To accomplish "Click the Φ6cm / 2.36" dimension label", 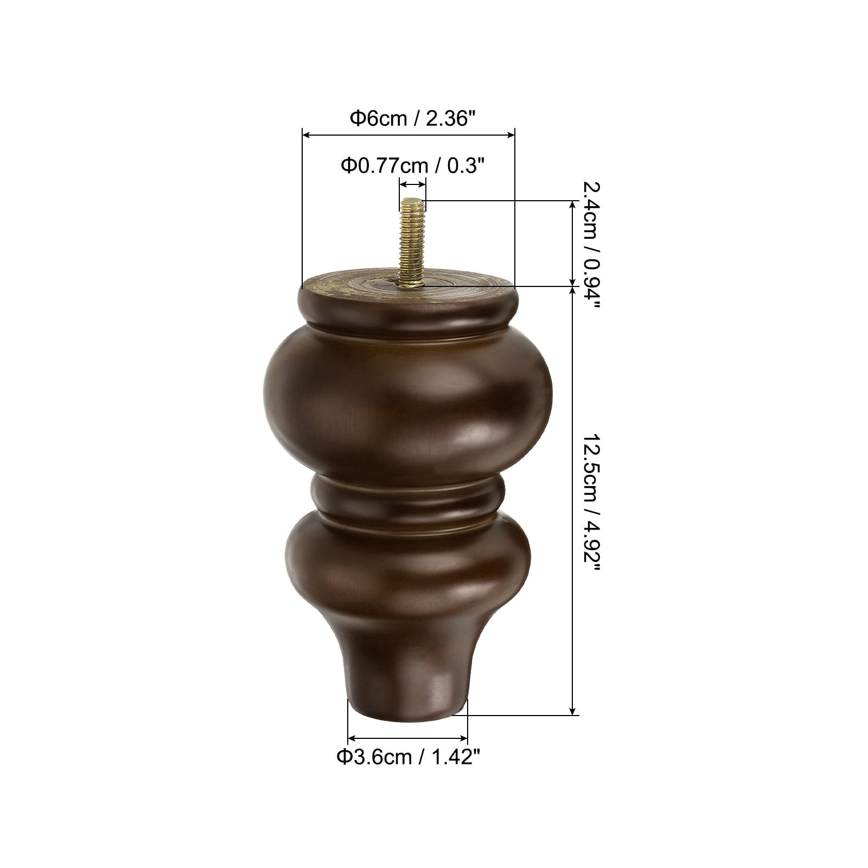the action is [x=408, y=118].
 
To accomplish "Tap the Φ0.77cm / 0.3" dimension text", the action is [x=412, y=165].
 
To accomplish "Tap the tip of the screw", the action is [x=412, y=200].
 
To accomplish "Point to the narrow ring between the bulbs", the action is [x=408, y=495].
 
